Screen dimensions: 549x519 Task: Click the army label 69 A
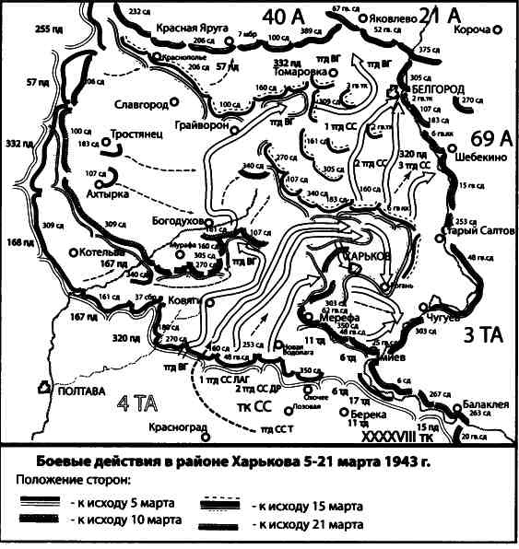483,138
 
